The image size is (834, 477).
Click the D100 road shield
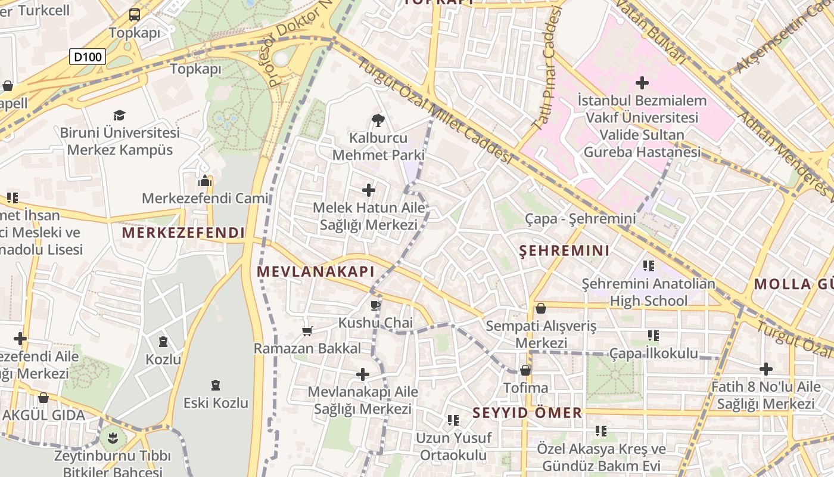point(88,57)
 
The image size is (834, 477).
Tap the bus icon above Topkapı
point(135,15)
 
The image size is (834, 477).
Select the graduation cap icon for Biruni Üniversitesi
point(120,115)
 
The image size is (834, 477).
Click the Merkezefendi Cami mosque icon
point(205,181)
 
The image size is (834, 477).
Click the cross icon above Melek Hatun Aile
point(369,190)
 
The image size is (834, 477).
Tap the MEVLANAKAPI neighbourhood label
point(315,272)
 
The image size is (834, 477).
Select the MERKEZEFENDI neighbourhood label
point(183,233)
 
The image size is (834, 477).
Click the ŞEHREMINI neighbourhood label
point(564,251)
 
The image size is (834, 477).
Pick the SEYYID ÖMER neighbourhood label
point(527,413)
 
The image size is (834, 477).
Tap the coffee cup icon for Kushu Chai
point(375,306)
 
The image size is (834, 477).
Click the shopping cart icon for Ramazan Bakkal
point(307,331)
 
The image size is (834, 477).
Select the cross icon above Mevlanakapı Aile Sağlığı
point(362,374)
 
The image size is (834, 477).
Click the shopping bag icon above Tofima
point(525,370)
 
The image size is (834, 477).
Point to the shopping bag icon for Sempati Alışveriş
point(541,308)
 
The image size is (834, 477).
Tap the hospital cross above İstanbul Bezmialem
point(642,83)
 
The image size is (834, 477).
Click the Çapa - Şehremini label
point(580,219)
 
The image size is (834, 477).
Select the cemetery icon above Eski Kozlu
point(216,386)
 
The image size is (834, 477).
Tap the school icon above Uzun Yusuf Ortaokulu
point(453,420)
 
